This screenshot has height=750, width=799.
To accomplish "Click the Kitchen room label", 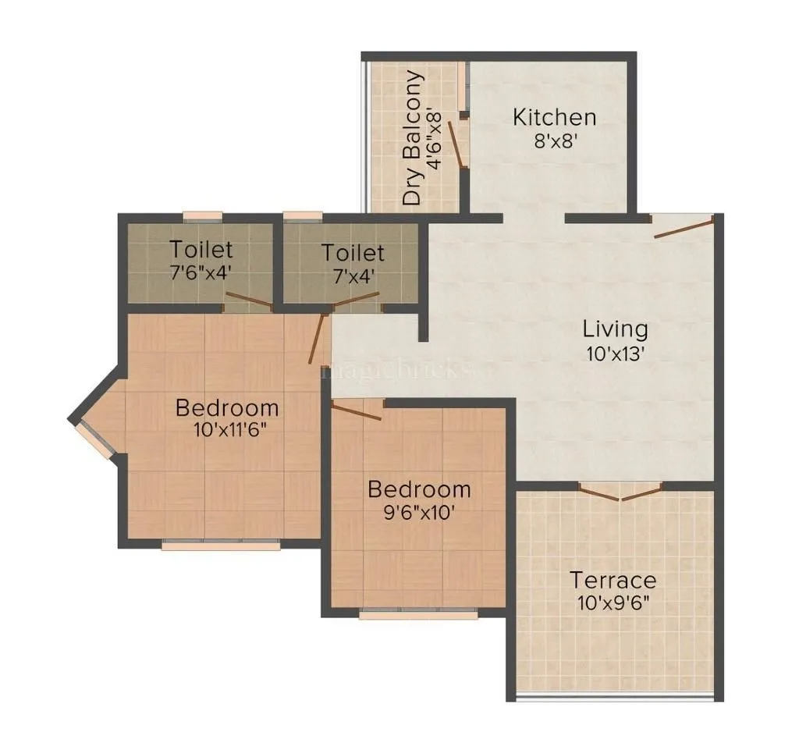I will (x=554, y=118).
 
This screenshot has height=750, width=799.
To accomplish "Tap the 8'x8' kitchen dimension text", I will (x=554, y=143).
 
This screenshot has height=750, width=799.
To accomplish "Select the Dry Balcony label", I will (x=413, y=138).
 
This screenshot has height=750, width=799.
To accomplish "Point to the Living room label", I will (x=616, y=328).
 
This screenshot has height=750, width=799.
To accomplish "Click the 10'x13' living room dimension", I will (x=616, y=354).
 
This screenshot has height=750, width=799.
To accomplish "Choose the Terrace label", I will (x=613, y=581).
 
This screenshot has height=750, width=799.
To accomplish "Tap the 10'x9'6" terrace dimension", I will (x=613, y=603).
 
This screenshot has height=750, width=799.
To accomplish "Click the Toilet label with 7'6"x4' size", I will (x=201, y=250).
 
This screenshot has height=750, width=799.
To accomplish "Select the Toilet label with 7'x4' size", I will (x=353, y=253).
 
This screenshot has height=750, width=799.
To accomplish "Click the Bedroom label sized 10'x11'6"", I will (x=227, y=407).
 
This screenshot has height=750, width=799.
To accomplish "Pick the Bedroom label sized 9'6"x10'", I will (x=419, y=489).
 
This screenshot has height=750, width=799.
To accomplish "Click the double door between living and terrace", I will (x=620, y=492).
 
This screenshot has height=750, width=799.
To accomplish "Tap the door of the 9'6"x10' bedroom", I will (x=356, y=411).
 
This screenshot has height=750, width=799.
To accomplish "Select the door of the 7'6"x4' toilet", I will (x=247, y=301).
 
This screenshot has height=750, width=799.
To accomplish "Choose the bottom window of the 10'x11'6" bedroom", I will (x=221, y=545).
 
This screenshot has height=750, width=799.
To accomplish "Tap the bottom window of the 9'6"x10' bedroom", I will (x=418, y=614).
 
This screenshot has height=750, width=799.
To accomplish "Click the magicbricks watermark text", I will (x=398, y=369).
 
